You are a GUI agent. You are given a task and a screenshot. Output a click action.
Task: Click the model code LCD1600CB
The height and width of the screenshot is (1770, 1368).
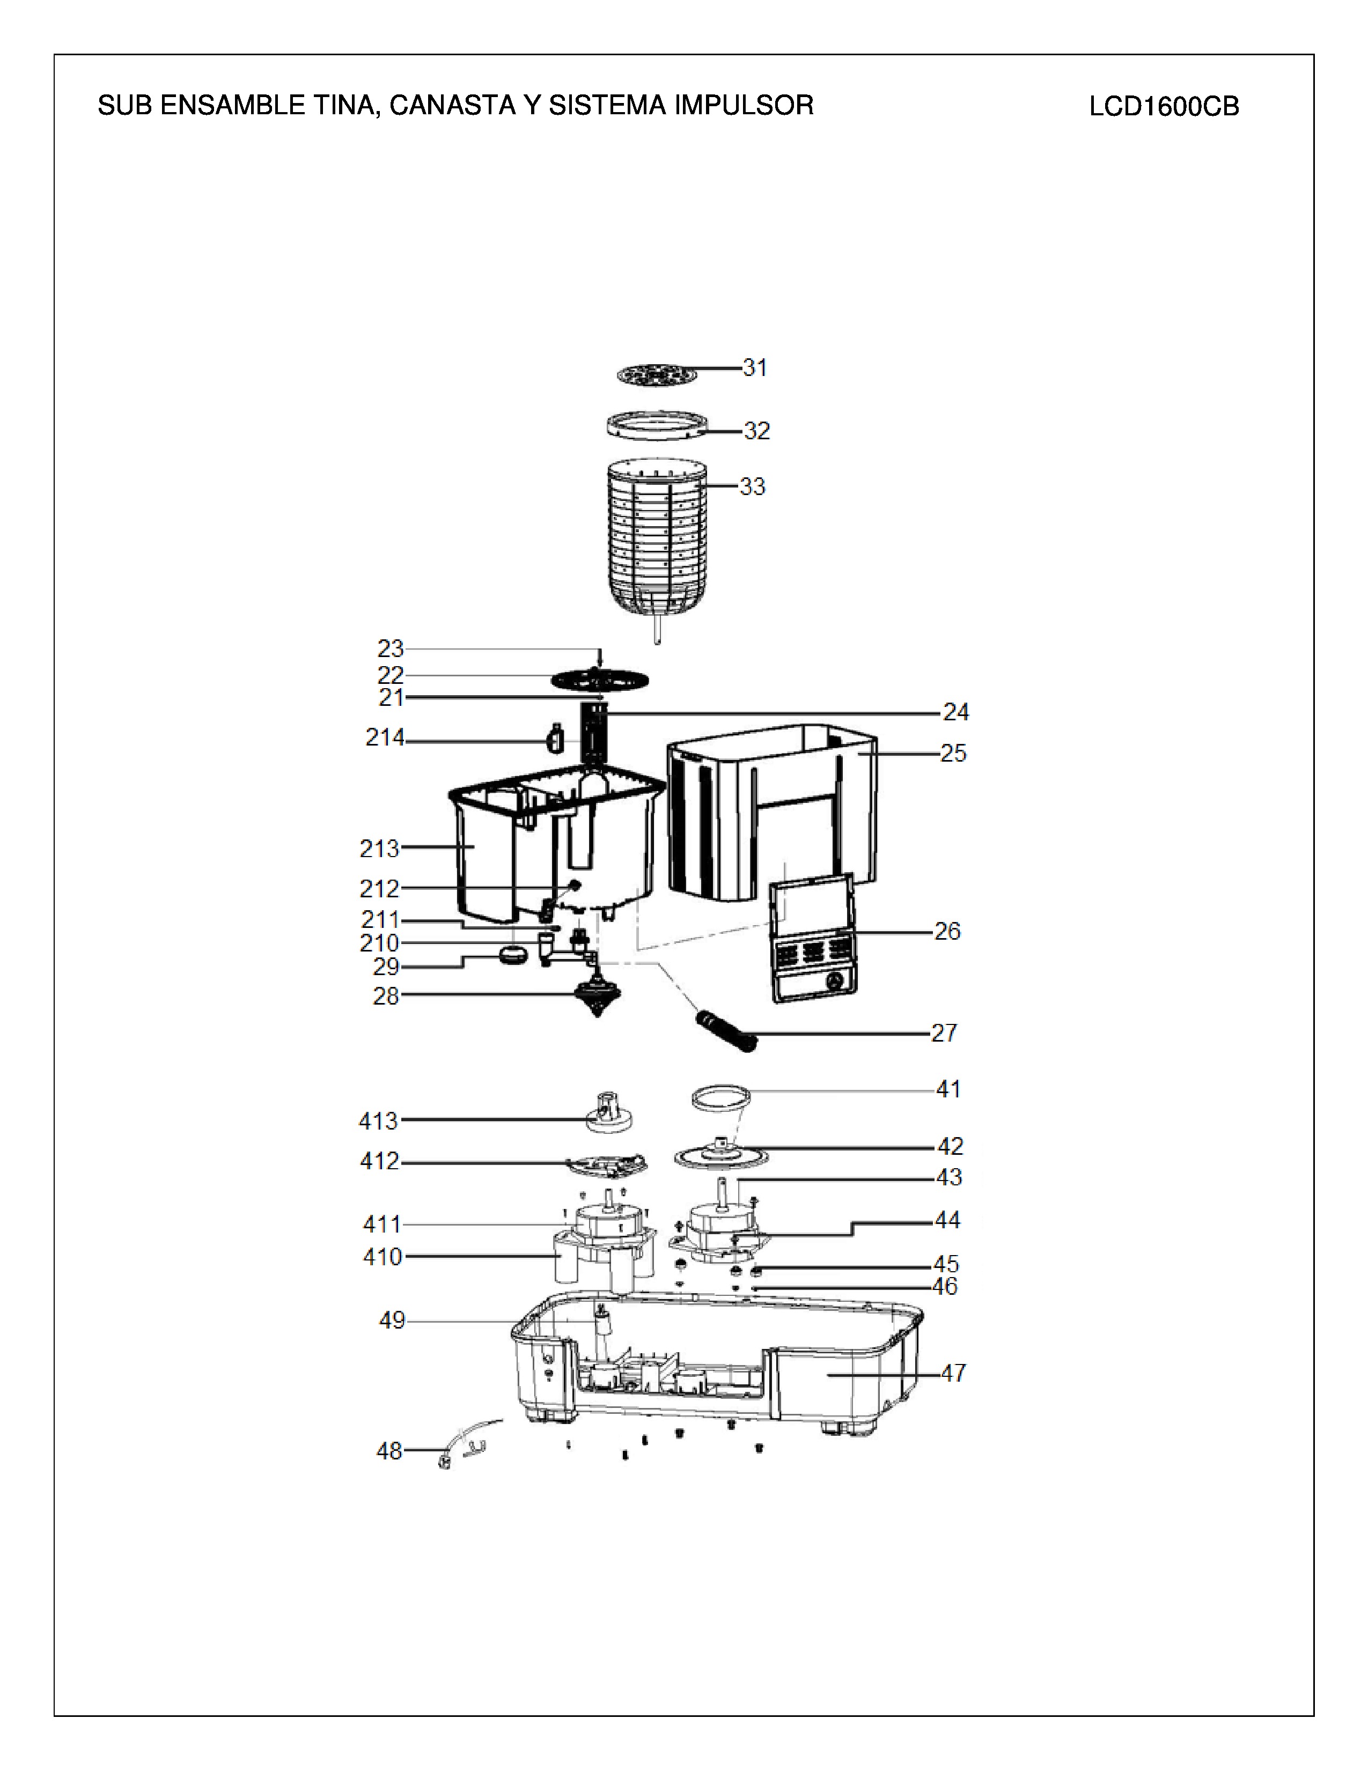(1164, 107)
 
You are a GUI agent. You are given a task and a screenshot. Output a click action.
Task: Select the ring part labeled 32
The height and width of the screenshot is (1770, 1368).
(657, 425)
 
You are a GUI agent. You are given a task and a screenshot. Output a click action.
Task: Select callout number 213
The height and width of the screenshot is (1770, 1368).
(379, 849)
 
